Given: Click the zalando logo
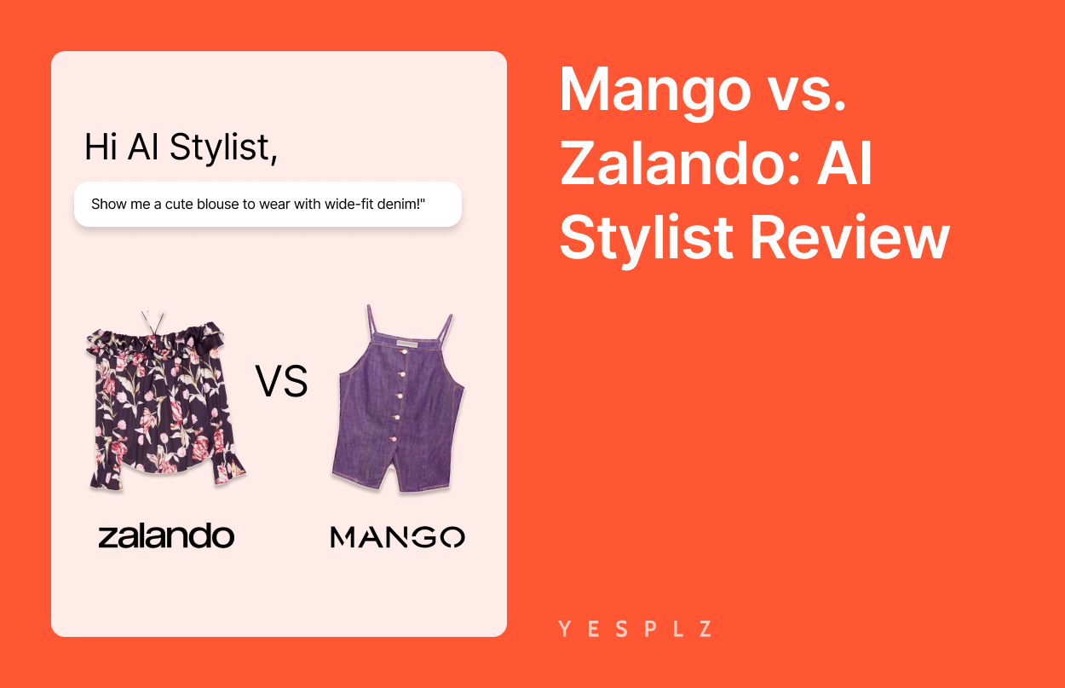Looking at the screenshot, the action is (166, 535).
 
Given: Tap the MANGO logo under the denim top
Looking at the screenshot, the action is (398, 537).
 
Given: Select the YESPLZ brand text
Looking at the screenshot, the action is (636, 628).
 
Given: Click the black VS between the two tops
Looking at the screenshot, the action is (281, 380).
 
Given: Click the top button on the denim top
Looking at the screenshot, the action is (403, 352).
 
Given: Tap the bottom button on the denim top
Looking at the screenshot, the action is (393, 439).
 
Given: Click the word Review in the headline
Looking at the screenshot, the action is (849, 237).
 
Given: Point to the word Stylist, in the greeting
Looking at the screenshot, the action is (223, 147).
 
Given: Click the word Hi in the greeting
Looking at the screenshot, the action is (101, 147).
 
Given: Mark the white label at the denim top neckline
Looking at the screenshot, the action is (407, 343).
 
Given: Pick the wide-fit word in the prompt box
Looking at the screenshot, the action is (333, 204).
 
